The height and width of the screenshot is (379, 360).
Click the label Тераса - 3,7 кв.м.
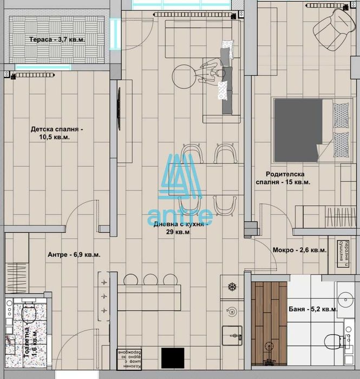click(x=57, y=40)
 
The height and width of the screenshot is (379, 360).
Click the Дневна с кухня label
click(x=179, y=228)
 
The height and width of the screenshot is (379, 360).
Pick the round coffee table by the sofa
click(x=186, y=76)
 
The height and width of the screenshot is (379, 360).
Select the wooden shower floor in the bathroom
click(x=269, y=328)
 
